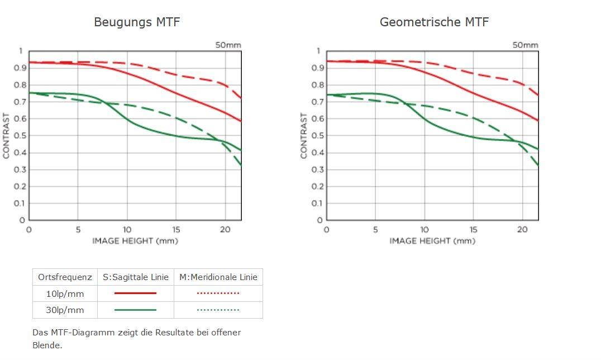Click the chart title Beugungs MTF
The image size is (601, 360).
tap(137, 22)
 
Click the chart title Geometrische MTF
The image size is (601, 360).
tap(434, 22)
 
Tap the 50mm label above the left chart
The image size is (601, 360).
tap(228, 45)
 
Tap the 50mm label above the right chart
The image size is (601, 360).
tap(526, 45)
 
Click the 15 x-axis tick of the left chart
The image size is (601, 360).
tap(176, 230)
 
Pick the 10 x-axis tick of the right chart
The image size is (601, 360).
tap(424, 230)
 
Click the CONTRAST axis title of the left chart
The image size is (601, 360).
tap(7, 136)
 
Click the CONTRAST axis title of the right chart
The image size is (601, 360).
tap(304, 136)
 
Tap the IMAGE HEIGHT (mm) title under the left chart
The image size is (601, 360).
tap(135, 241)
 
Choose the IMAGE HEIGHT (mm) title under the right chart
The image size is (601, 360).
tap(432, 241)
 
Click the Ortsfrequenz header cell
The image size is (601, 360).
tap(65, 277)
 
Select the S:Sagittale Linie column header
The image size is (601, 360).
tap(136, 277)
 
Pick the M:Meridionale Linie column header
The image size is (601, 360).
tap(218, 277)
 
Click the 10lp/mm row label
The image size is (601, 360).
tap(65, 293)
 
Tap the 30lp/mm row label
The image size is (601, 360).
tap(65, 310)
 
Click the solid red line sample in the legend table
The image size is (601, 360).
tap(136, 293)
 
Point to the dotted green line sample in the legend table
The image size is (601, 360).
tap(218, 310)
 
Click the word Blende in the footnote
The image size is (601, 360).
tap(47, 345)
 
